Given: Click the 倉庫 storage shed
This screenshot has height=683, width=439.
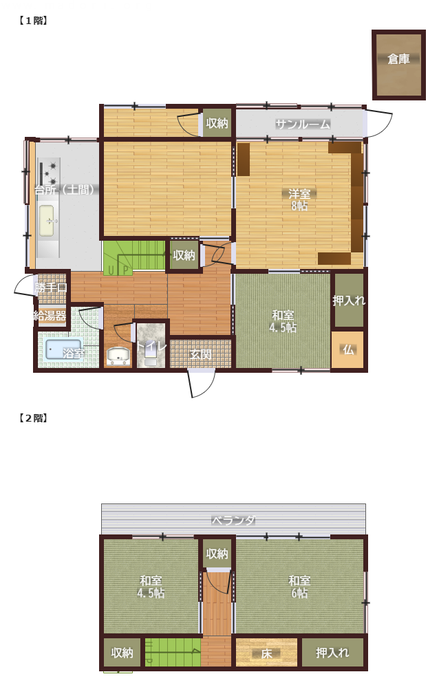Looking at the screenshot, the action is (x=398, y=65).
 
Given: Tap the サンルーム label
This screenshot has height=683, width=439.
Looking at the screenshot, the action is (x=303, y=124).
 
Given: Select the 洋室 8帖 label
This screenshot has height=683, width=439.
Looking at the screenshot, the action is (x=299, y=199).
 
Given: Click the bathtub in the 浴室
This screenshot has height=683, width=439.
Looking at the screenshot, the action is (x=64, y=349).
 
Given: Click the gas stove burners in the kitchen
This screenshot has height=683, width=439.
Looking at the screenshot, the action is (x=49, y=173).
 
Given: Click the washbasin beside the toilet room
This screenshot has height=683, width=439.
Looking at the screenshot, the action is (x=118, y=356).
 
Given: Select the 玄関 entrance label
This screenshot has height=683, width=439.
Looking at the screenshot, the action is (x=200, y=354).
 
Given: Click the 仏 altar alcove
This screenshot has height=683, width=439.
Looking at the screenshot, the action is (x=347, y=350).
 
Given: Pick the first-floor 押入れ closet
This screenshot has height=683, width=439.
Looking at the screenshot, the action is (x=349, y=300).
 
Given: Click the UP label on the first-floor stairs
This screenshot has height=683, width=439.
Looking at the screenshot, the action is (x=118, y=270).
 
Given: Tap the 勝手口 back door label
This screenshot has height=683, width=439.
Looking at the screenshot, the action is (x=50, y=288).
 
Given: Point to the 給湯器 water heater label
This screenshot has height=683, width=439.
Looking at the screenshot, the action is (x=50, y=316).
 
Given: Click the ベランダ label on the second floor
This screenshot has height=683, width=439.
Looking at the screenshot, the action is (x=233, y=520).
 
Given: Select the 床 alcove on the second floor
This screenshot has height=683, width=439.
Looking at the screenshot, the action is (x=266, y=653).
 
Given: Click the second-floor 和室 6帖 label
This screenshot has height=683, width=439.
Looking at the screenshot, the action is (x=299, y=586).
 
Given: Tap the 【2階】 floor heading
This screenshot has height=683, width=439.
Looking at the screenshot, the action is (x=33, y=418).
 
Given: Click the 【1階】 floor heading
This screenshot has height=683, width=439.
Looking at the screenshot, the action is (x=33, y=21).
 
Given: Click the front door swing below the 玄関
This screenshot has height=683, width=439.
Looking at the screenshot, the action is (x=202, y=383).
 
